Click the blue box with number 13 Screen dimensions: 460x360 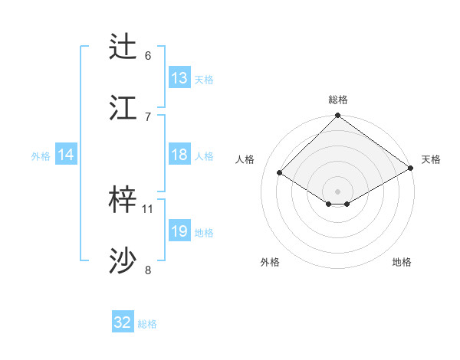click(179, 78)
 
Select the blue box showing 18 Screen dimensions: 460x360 click(179, 155)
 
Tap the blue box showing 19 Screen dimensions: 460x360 click(179, 231)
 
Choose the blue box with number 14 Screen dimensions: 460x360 click(66, 155)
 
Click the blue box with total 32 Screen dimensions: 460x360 click(123, 322)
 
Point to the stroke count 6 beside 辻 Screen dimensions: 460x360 click(148, 56)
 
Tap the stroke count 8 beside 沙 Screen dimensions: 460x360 click(148, 270)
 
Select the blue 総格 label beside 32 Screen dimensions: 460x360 click(147, 324)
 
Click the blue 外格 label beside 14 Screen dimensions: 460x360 click(41, 155)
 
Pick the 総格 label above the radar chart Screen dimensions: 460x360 click(338, 100)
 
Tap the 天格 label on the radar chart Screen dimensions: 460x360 click(431, 159)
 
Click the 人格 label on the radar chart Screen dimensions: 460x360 click(245, 159)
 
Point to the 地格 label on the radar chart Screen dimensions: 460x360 click(402, 262)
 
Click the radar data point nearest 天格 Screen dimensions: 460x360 click(411, 169)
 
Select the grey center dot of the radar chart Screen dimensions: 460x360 click(337, 190)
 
